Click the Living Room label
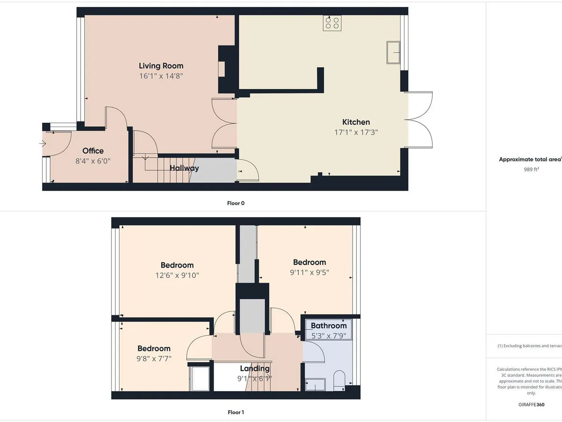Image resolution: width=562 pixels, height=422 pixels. [x=161, y=66]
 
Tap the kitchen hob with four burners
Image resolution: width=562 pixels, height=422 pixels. [x=332, y=23]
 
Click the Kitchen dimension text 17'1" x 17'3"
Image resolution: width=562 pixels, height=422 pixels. [x=355, y=132]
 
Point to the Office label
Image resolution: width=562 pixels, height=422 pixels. [x=93, y=151]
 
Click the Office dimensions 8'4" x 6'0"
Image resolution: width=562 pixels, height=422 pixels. [x=93, y=161]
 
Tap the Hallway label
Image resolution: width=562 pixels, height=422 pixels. [x=185, y=168]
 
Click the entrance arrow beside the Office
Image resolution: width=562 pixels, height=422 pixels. [x=43, y=144]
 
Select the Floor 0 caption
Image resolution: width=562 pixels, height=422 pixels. [x=236, y=203]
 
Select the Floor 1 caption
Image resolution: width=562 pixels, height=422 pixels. [x=236, y=412]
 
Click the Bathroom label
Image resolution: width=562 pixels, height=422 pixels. [x=329, y=325]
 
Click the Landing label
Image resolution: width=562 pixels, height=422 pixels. [x=255, y=368]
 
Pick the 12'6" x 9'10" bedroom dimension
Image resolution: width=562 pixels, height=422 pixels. [x=177, y=275]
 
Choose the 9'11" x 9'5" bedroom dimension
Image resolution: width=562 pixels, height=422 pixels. [x=309, y=272]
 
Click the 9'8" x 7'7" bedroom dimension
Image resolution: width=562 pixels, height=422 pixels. [x=154, y=359]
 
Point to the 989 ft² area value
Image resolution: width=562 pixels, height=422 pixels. [x=531, y=170]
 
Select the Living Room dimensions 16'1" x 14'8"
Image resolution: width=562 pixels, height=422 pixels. [x=161, y=76]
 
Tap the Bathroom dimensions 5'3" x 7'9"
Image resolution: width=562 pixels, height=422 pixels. [x=329, y=335]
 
